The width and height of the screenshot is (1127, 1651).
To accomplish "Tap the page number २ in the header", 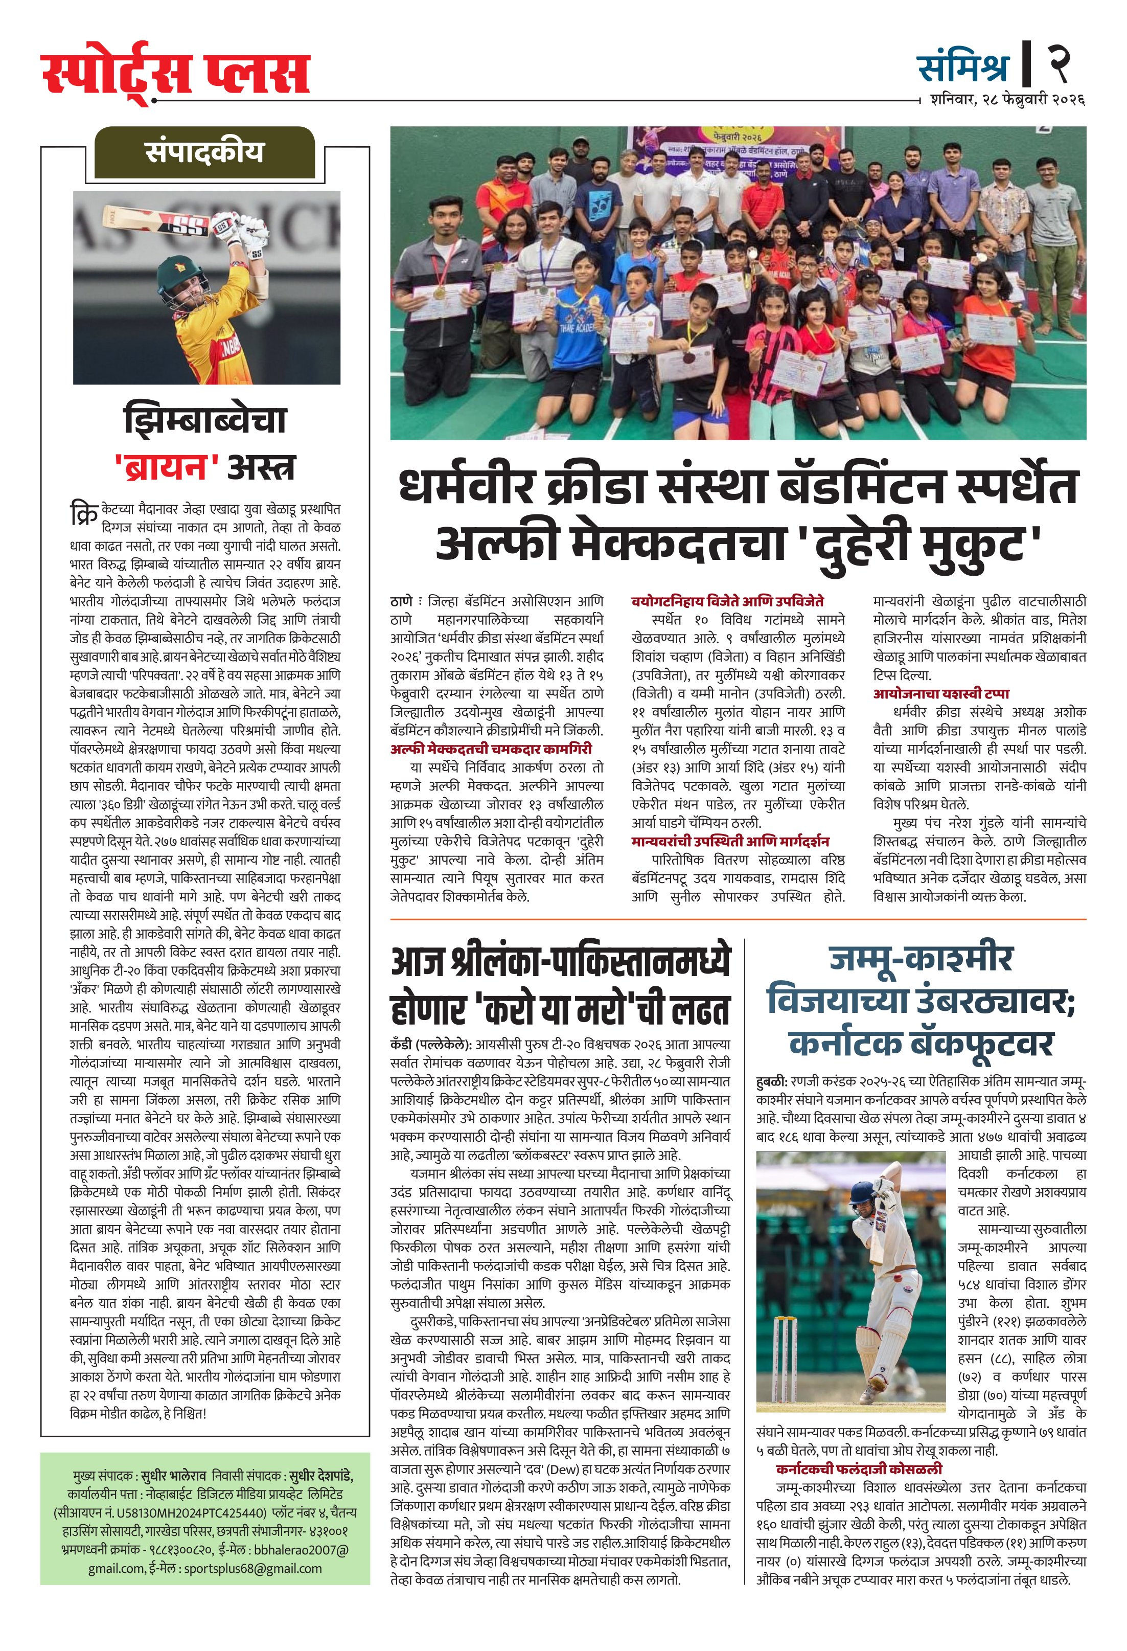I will [x=1057, y=63].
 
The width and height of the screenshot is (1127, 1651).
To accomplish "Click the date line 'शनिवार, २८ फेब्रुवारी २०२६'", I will [x=1007, y=100].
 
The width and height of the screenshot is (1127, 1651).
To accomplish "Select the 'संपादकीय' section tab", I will [x=204, y=153].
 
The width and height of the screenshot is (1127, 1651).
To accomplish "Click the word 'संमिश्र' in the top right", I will [x=963, y=67].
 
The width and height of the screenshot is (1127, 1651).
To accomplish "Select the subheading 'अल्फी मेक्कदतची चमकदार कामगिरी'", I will [x=491, y=749].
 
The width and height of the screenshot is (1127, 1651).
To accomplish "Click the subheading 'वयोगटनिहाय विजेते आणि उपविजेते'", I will [x=727, y=601].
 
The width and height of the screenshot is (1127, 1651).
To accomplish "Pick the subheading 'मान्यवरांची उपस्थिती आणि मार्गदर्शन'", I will [x=730, y=841].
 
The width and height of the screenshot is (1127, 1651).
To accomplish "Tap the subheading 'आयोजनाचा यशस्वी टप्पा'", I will [x=940, y=693].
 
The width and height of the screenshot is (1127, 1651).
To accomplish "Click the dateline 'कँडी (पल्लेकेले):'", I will [x=431, y=1045].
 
